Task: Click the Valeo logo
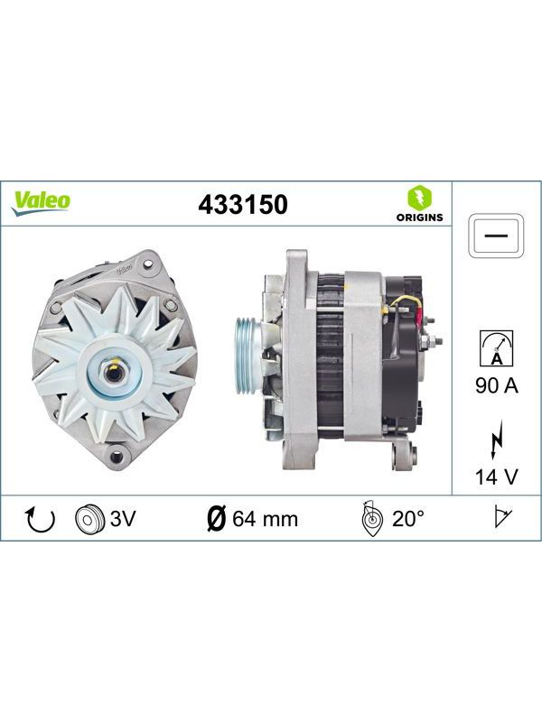pyautogui.click(x=41, y=202)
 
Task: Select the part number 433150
pyautogui.click(x=243, y=205)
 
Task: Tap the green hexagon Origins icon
pyautogui.click(x=419, y=198)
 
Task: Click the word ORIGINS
pyautogui.click(x=419, y=218)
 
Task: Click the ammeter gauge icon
pyautogui.click(x=496, y=348)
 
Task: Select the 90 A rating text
pyautogui.click(x=497, y=385)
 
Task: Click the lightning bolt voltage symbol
pyautogui.click(x=497, y=440)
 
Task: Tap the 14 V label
pyautogui.click(x=497, y=477)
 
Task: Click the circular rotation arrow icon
pyautogui.click(x=40, y=519)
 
